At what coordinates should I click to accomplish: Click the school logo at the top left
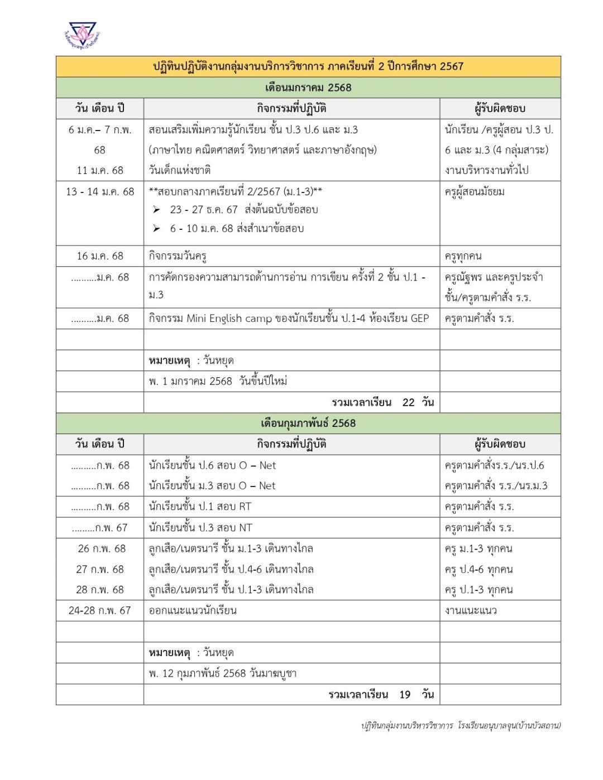coord(83,35)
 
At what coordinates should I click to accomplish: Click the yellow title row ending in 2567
coord(308,66)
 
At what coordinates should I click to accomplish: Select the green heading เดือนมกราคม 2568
coord(308,88)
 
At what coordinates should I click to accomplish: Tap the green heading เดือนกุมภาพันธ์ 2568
coord(308,423)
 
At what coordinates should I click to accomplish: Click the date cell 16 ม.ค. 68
coord(100,256)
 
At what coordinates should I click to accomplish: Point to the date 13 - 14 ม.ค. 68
coord(100,191)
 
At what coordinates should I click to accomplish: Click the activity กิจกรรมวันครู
coord(178,256)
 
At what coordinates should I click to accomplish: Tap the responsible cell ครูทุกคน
coord(463,256)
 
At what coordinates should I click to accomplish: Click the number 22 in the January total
coord(408,402)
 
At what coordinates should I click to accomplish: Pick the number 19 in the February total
coord(405,695)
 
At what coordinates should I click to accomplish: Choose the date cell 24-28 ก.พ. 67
coord(99,610)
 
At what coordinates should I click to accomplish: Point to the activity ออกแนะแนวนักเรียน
coord(193,610)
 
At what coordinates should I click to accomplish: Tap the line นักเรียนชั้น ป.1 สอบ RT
coord(200,507)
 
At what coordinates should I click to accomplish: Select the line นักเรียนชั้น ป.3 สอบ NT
coord(200,528)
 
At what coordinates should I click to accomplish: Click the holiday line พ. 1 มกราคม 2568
coord(218,382)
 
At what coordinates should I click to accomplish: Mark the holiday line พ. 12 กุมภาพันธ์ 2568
coord(222,673)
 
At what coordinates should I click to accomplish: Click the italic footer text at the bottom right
coord(461,725)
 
